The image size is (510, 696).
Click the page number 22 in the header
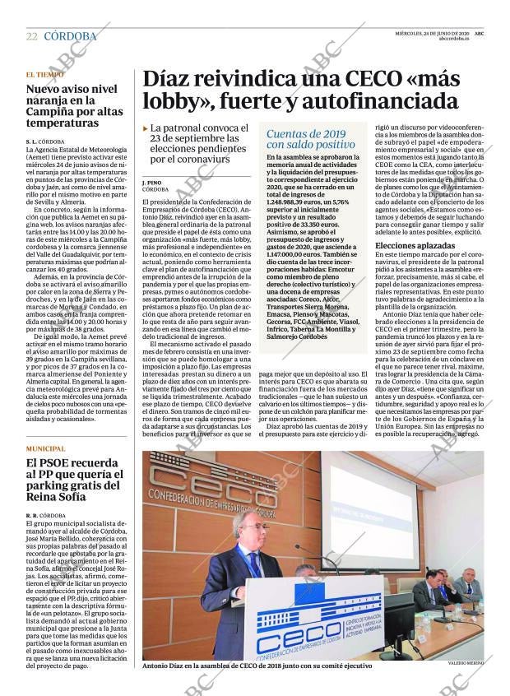pyautogui.click(x=31, y=37)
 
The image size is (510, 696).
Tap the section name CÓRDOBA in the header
pyautogui.click(x=70, y=36)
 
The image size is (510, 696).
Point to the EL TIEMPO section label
pyautogui.click(x=44, y=75)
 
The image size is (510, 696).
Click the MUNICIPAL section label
pyautogui.click(x=45, y=448)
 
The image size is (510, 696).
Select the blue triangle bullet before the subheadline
pyautogui.click(x=146, y=129)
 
